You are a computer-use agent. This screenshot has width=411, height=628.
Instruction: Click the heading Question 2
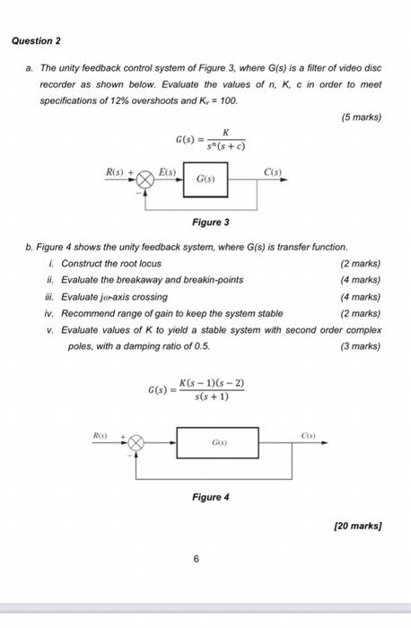(36, 41)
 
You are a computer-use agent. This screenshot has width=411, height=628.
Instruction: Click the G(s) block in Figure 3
(205, 179)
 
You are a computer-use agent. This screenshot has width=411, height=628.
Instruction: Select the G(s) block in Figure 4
(218, 442)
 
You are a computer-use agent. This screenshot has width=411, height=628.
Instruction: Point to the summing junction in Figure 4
(136, 442)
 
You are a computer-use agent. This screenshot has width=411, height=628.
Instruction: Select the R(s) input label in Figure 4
(101, 432)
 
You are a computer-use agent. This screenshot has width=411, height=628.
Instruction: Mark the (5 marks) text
(362, 117)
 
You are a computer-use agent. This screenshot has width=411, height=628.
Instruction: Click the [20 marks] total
(357, 528)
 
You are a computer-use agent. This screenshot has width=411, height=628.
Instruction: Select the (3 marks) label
(362, 345)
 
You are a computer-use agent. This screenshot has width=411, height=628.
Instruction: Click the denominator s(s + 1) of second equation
(212, 397)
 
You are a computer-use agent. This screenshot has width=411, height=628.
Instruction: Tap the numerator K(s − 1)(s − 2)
(212, 384)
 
